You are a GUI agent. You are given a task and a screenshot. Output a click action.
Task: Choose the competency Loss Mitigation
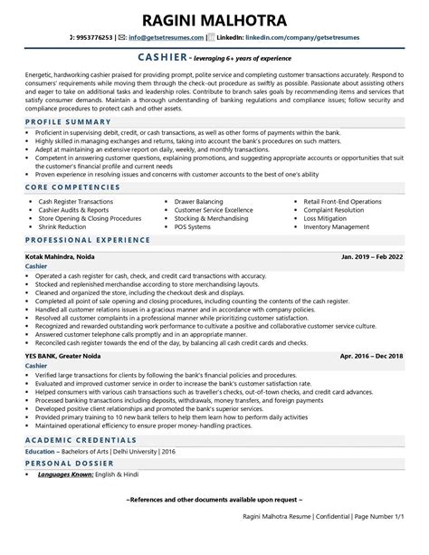click(327, 217)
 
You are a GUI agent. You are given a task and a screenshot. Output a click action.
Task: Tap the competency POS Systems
click(195, 226)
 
